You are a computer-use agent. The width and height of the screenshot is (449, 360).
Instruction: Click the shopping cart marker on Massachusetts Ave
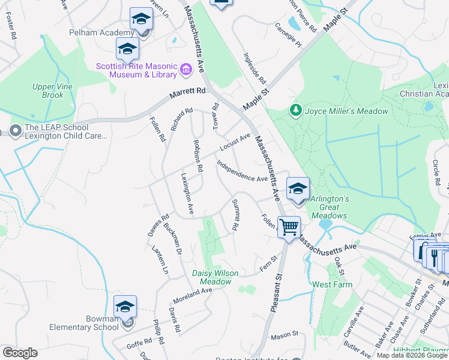289,227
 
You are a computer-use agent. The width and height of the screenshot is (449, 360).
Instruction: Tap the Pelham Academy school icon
140,20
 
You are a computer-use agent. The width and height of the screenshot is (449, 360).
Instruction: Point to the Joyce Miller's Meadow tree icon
295,110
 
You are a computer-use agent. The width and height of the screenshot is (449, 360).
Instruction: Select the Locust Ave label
235,143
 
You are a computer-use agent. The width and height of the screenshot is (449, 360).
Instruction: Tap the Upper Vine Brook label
48,91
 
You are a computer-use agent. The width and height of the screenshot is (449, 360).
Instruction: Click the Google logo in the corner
20,352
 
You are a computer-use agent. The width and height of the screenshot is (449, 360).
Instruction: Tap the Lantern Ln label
160,260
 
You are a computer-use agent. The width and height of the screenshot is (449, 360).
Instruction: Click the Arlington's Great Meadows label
329,207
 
